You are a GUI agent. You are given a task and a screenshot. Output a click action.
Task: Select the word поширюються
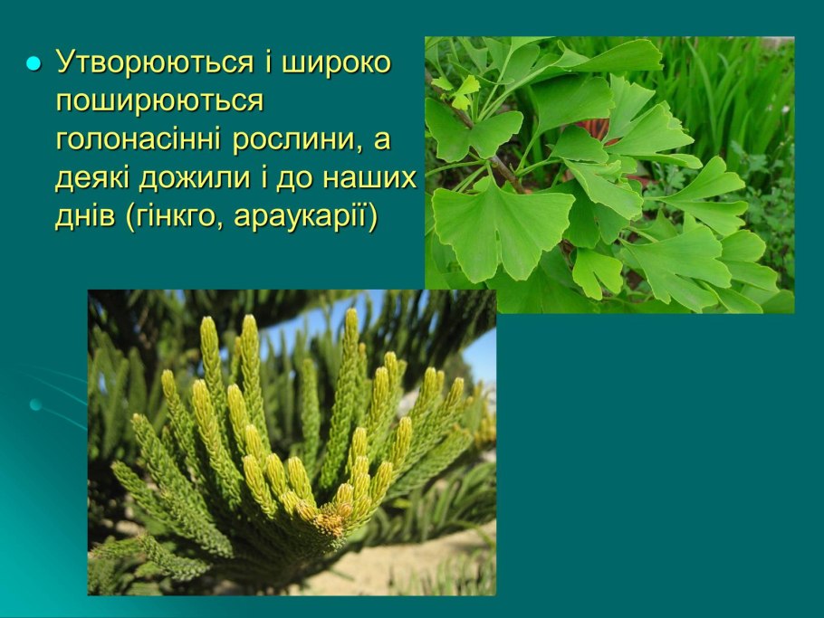159,102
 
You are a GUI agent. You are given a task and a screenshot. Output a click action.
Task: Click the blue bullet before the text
34,65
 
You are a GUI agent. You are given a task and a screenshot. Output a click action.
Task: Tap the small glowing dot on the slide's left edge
35,404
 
